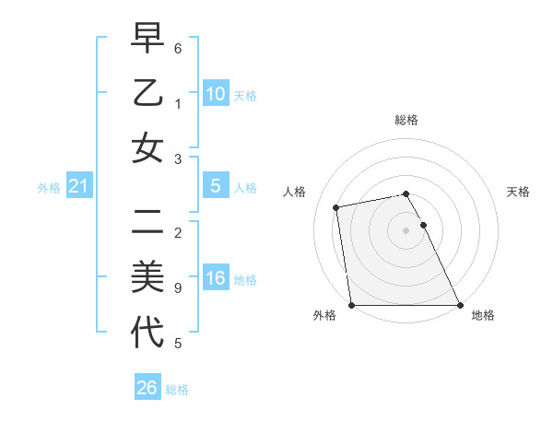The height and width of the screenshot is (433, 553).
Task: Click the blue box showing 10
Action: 216,94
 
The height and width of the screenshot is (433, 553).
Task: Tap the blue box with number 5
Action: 216,186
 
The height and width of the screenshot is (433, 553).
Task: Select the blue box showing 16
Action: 216,279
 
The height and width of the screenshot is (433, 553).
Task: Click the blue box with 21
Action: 79,187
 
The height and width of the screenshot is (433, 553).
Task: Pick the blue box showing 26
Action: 147,388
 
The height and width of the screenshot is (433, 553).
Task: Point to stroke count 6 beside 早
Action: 178,47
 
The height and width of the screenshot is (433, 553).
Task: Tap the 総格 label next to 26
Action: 177,390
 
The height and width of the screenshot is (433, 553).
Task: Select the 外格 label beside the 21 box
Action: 49,188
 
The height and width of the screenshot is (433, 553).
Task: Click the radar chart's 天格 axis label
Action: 518,192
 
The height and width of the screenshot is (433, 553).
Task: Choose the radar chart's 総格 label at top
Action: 406,120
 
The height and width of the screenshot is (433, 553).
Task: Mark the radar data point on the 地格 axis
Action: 459,305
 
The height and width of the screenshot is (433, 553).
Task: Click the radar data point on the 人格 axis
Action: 337,206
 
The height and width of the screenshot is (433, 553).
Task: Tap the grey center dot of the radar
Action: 406,230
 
